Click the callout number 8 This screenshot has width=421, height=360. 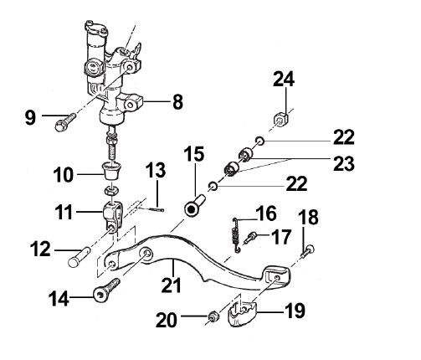(177, 102)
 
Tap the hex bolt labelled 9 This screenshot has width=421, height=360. (65, 122)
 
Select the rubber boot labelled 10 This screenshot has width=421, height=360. (111, 171)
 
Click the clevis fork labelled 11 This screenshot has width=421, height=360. (112, 216)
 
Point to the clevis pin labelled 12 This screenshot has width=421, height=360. (80, 256)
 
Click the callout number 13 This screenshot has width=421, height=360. (156, 170)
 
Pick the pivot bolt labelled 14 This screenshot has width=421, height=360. (106, 291)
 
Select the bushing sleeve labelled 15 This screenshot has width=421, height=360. (194, 205)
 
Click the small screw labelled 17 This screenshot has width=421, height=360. (250, 237)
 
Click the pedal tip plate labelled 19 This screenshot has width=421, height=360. (242, 314)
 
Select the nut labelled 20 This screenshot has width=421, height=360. (213, 316)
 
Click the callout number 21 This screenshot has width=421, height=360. (171, 285)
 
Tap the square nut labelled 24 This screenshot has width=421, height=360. (280, 118)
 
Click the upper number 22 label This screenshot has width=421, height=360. (344, 136)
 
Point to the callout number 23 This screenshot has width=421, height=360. (344, 163)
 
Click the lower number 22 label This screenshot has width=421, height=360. (296, 183)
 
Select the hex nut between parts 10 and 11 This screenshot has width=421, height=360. (112, 191)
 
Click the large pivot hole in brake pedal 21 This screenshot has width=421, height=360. (146, 254)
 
